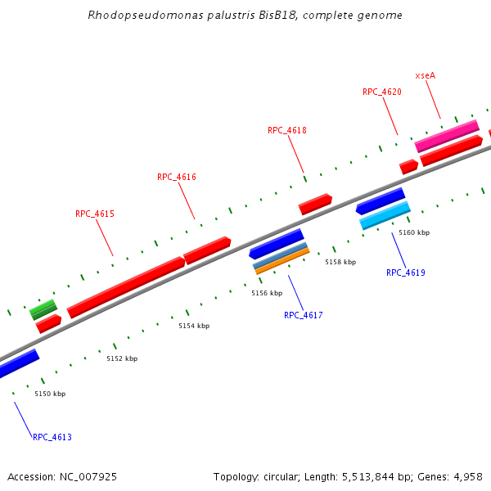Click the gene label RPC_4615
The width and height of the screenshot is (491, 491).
click(x=95, y=214)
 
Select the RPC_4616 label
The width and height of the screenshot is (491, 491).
click(x=177, y=177)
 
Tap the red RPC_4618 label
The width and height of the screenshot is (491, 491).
click(x=286, y=130)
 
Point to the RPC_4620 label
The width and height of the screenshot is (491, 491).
click(x=382, y=92)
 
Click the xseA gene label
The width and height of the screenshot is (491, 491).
click(x=426, y=75)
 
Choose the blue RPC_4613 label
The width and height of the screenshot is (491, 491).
click(x=52, y=437)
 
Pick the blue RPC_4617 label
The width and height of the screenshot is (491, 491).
click(x=304, y=315)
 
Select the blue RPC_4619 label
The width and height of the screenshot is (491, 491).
click(x=406, y=273)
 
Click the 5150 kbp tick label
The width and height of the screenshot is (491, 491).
click(x=50, y=394)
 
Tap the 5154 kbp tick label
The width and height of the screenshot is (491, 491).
click(x=194, y=326)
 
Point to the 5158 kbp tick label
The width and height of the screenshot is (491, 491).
click(x=340, y=262)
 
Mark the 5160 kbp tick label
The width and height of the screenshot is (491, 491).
click(x=414, y=232)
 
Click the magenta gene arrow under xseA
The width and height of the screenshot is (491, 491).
click(x=447, y=136)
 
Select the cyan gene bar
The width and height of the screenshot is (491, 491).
click(x=385, y=216)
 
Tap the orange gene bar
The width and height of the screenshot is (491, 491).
click(x=282, y=261)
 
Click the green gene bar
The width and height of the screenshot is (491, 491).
click(x=43, y=309)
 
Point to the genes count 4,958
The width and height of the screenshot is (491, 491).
click(x=466, y=476)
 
